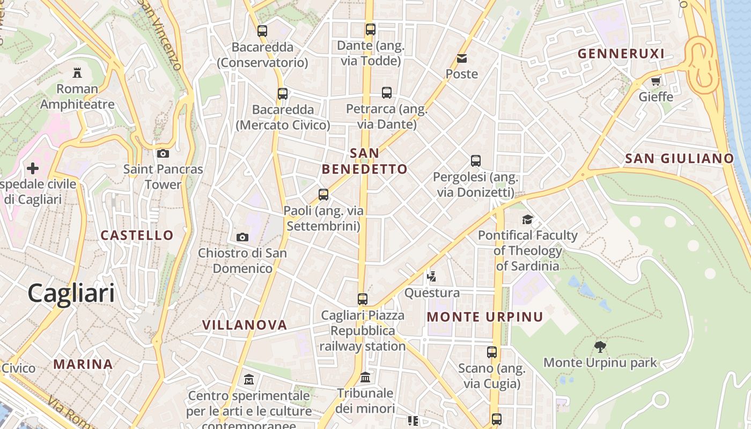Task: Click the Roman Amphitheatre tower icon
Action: [77, 72]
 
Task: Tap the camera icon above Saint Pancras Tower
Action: [163, 154]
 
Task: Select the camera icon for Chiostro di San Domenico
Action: [242, 237]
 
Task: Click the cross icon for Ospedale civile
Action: [33, 169]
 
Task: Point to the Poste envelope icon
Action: [462, 58]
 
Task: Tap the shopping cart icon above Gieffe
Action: [656, 82]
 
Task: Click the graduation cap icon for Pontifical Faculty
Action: [528, 219]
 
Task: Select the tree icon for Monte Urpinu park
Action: [600, 347]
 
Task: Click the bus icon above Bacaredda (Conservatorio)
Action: [262, 31]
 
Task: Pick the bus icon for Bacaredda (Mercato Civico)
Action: [283, 94]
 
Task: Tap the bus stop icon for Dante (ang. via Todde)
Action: [371, 29]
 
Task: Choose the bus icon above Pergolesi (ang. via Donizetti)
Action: [476, 160]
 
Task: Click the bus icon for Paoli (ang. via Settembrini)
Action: [323, 195]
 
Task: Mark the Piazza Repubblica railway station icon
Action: [363, 299]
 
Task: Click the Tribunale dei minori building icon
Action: [365, 378]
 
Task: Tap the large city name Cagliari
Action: [71, 293]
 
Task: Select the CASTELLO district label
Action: [137, 235]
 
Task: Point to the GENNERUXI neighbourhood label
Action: [621, 54]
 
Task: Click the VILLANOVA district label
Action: [245, 324]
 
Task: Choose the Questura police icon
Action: [432, 277]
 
